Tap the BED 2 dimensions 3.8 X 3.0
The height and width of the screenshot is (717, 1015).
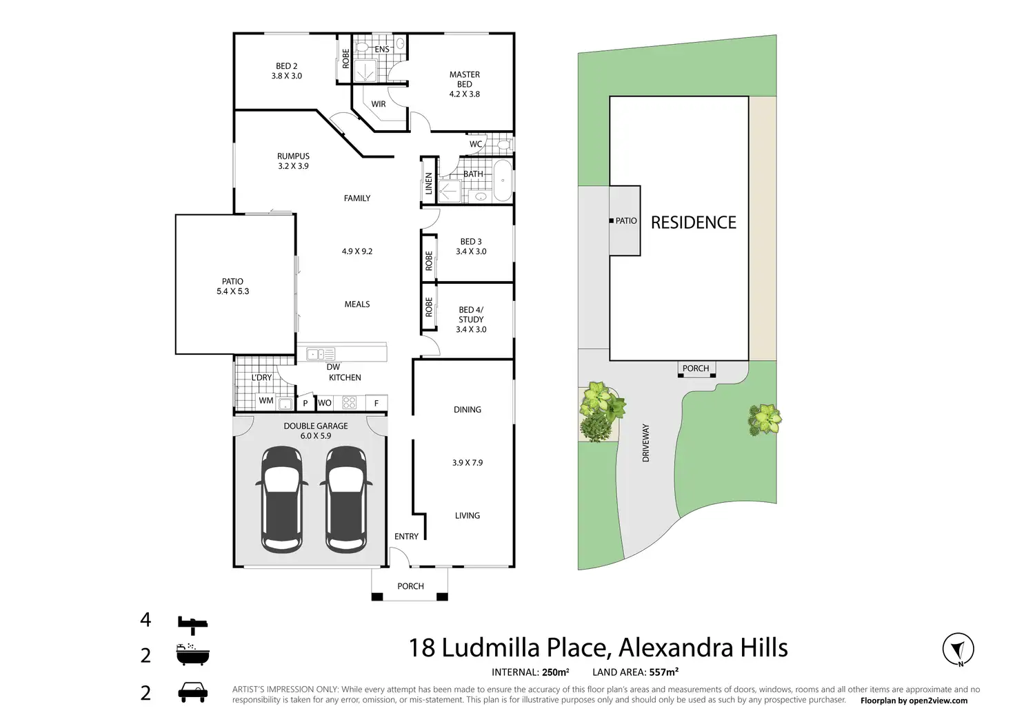286,76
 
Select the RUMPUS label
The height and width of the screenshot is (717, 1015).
293,156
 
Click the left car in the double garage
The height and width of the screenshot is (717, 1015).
281,499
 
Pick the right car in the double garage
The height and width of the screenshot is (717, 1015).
345,499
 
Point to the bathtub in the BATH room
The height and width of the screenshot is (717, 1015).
503,180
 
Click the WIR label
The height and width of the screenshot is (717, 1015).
379,105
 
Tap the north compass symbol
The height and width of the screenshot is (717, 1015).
958,649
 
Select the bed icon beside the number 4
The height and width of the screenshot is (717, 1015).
192,624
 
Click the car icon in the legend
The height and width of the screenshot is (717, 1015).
192,692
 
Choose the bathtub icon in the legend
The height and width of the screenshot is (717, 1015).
192,654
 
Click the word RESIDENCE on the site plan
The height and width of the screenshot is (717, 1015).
693,222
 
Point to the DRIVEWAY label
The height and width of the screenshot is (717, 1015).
646,443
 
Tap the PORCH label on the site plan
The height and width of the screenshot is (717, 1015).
695,368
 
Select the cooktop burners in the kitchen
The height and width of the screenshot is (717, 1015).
350,403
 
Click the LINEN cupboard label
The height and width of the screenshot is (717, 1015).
429,183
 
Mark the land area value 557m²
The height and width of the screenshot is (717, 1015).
663,672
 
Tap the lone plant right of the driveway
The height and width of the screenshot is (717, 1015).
765,418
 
